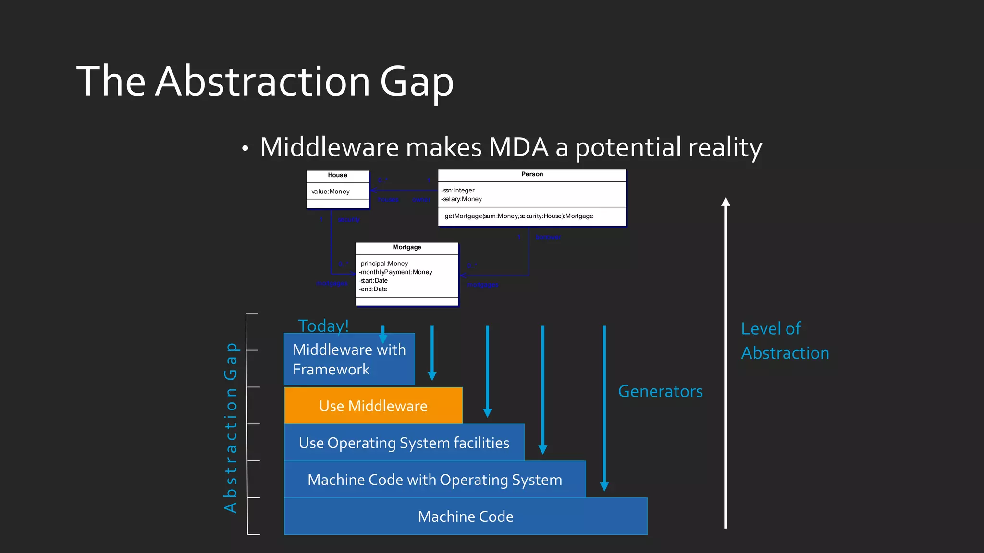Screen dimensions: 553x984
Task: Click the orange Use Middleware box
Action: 373,406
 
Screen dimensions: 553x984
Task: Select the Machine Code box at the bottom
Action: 465,517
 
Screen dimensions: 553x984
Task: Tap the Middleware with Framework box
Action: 349,359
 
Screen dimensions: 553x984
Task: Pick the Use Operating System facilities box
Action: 404,443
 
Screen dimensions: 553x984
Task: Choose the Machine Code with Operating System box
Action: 434,480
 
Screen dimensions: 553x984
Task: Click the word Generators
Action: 660,391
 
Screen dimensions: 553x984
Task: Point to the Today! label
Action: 323,326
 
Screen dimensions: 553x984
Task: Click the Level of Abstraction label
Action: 785,341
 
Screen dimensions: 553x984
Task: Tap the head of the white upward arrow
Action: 726,202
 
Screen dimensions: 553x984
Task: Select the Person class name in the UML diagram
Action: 532,174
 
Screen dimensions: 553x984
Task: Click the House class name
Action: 337,175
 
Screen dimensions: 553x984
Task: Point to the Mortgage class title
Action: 406,247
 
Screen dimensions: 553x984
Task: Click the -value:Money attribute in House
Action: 330,192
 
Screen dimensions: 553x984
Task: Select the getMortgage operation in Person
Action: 517,216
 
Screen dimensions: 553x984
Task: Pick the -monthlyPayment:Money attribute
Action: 395,272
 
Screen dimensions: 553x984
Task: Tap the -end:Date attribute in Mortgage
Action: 373,289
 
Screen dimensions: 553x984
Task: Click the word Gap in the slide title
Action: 417,82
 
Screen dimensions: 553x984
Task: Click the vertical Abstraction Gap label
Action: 231,427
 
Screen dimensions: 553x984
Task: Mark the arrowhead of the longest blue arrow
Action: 604,486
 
